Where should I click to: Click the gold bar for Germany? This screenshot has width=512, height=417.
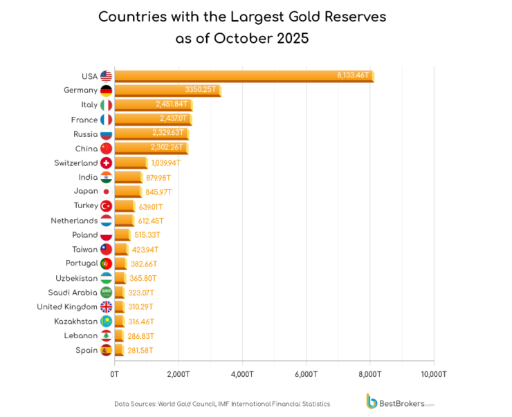167,91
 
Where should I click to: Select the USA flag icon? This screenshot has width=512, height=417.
106,76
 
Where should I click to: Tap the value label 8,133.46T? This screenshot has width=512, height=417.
353,75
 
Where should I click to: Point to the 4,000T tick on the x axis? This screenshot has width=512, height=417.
242,374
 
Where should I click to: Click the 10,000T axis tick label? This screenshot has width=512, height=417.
433,374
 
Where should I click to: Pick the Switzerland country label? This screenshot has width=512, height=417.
76,163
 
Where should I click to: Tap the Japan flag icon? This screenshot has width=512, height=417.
106,192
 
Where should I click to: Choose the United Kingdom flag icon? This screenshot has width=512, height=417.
106,307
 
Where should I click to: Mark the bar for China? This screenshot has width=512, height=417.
151,148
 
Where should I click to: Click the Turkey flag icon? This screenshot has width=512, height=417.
106,206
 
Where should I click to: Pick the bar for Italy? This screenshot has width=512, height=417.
153,105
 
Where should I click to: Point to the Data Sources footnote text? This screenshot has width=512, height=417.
222,404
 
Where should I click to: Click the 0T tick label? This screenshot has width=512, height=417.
115,374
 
